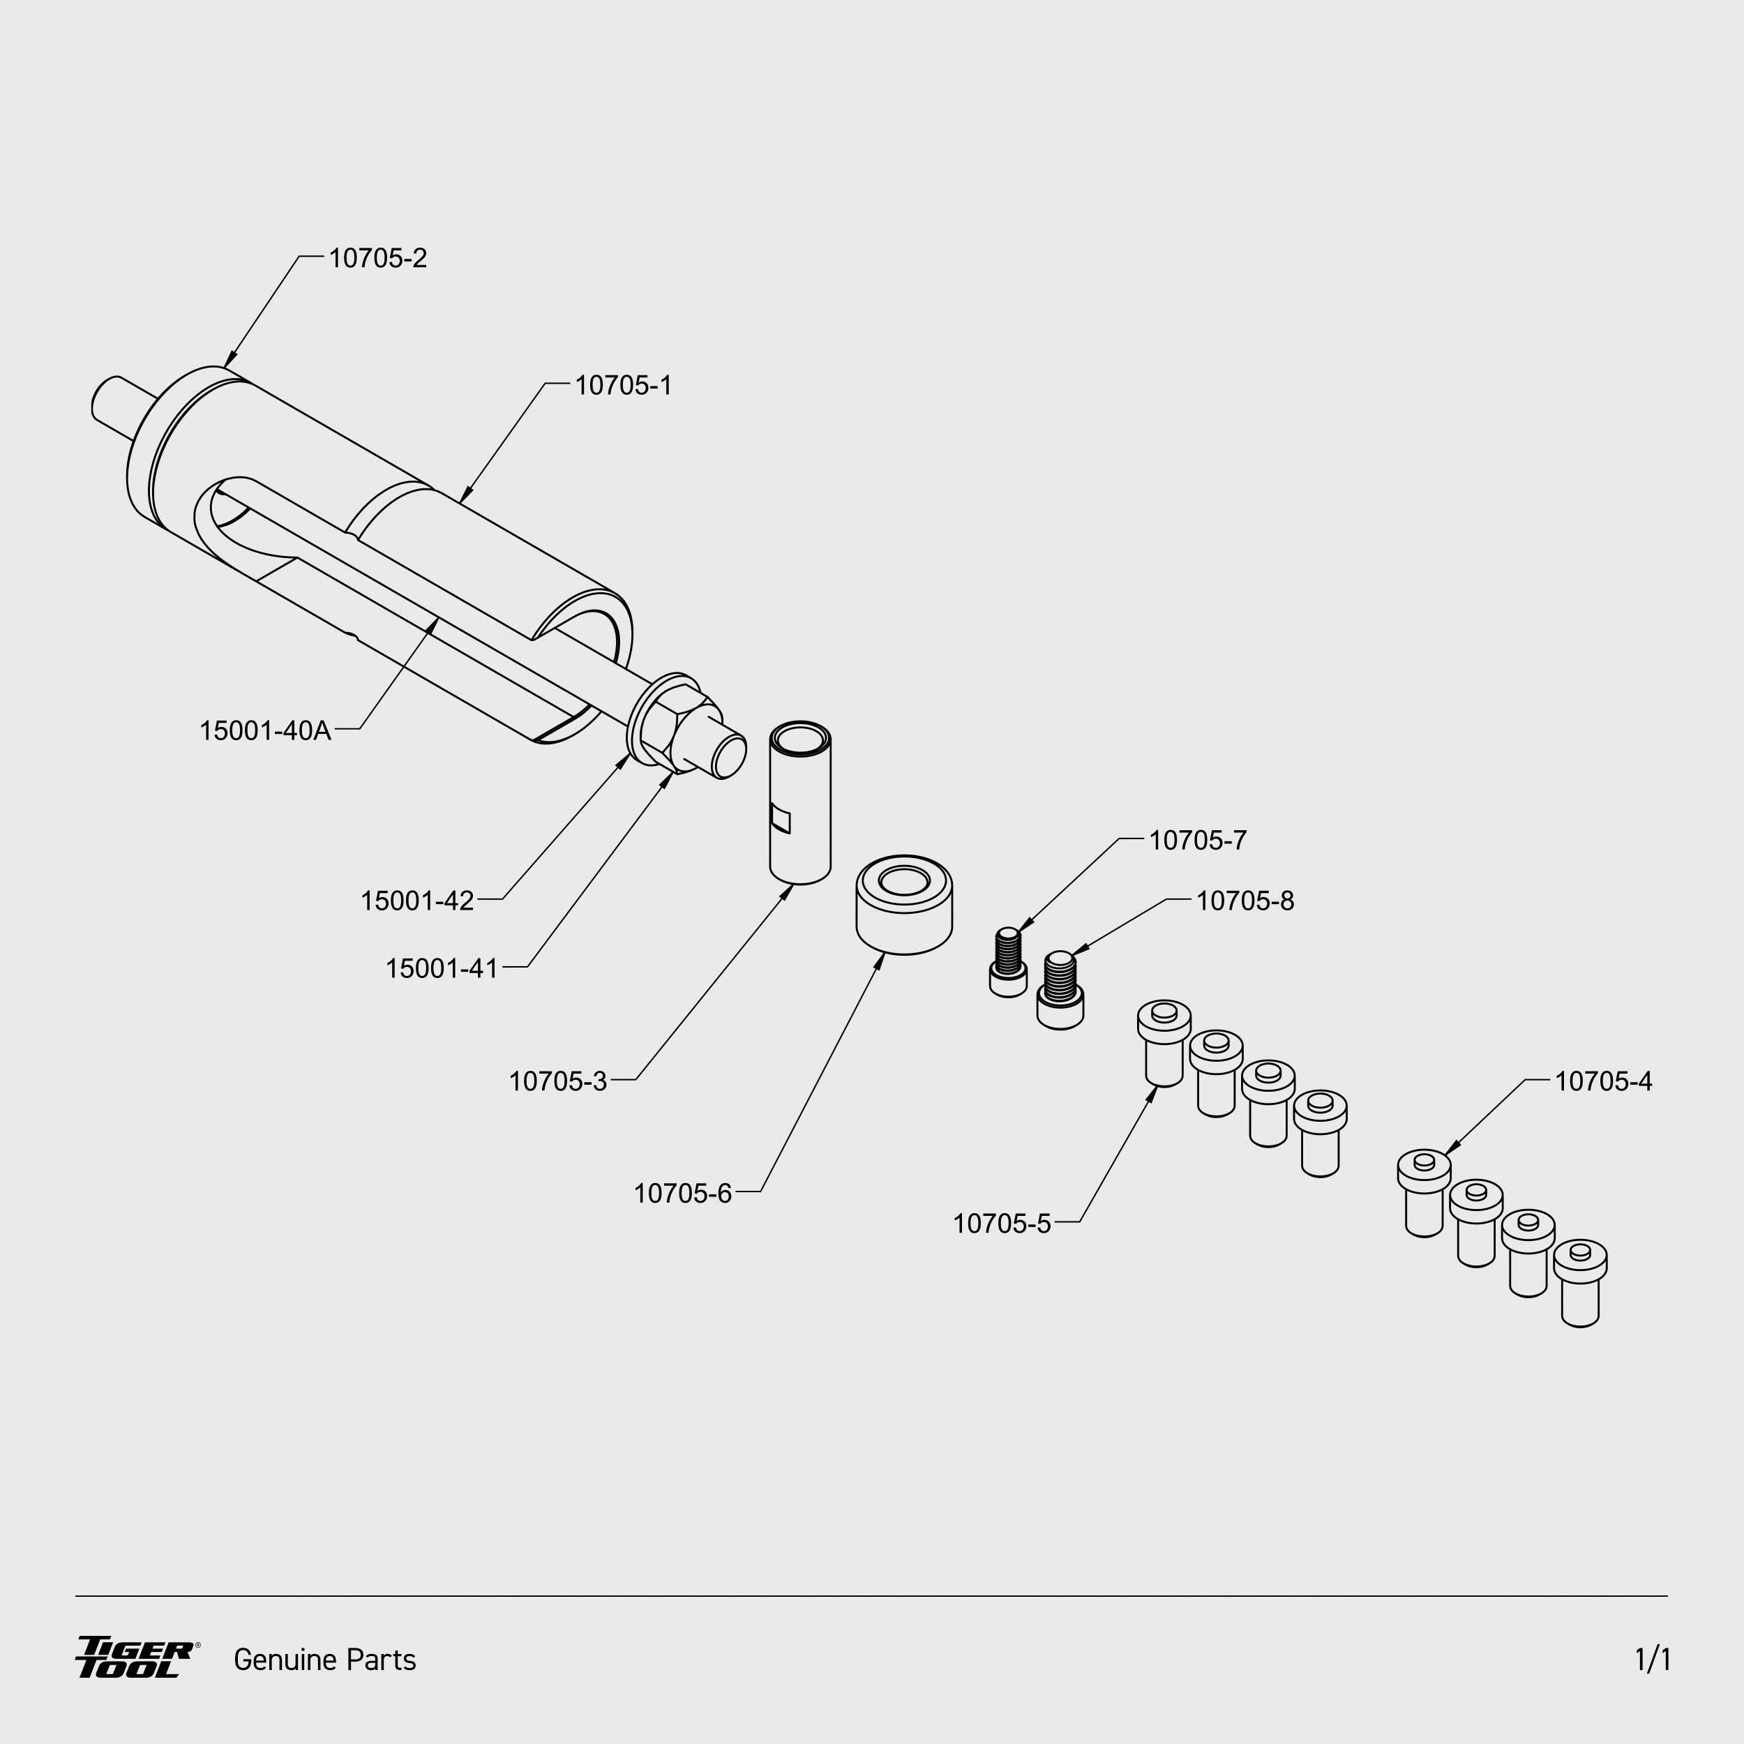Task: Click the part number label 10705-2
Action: click(x=377, y=258)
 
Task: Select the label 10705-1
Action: click(x=623, y=386)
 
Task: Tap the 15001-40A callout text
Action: click(x=265, y=730)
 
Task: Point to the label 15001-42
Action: click(x=417, y=900)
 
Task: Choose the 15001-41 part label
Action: click(x=442, y=968)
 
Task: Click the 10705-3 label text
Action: click(x=558, y=1081)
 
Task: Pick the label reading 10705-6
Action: click(x=682, y=1194)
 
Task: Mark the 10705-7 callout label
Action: click(x=1197, y=841)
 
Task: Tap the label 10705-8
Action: click(x=1245, y=901)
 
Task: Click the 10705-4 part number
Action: click(x=1603, y=1081)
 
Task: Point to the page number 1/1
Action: click(x=1652, y=1659)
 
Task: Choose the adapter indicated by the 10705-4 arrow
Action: click(x=1424, y=1192)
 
